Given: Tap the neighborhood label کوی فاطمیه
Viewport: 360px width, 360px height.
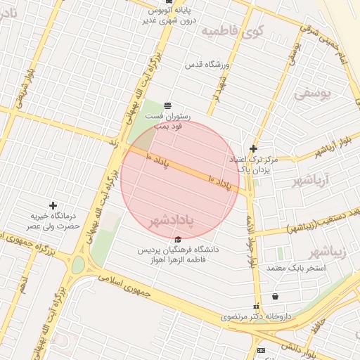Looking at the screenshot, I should click(x=232, y=32).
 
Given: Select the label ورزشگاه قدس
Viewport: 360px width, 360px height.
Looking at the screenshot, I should click(x=207, y=65).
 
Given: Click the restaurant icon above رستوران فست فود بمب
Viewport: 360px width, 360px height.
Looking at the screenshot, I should click(x=167, y=105).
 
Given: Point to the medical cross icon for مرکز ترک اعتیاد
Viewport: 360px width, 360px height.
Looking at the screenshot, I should click(x=253, y=148).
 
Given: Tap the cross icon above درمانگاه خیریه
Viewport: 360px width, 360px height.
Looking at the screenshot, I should click(x=53, y=205).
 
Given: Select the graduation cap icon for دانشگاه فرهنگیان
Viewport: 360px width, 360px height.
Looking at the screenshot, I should click(x=177, y=240).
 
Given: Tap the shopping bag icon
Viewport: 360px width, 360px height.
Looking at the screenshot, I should click(x=274, y=296).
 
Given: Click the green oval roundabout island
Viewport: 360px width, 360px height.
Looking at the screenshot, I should click(x=77, y=265).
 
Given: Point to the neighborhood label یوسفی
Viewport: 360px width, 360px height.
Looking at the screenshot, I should click(x=310, y=91).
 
